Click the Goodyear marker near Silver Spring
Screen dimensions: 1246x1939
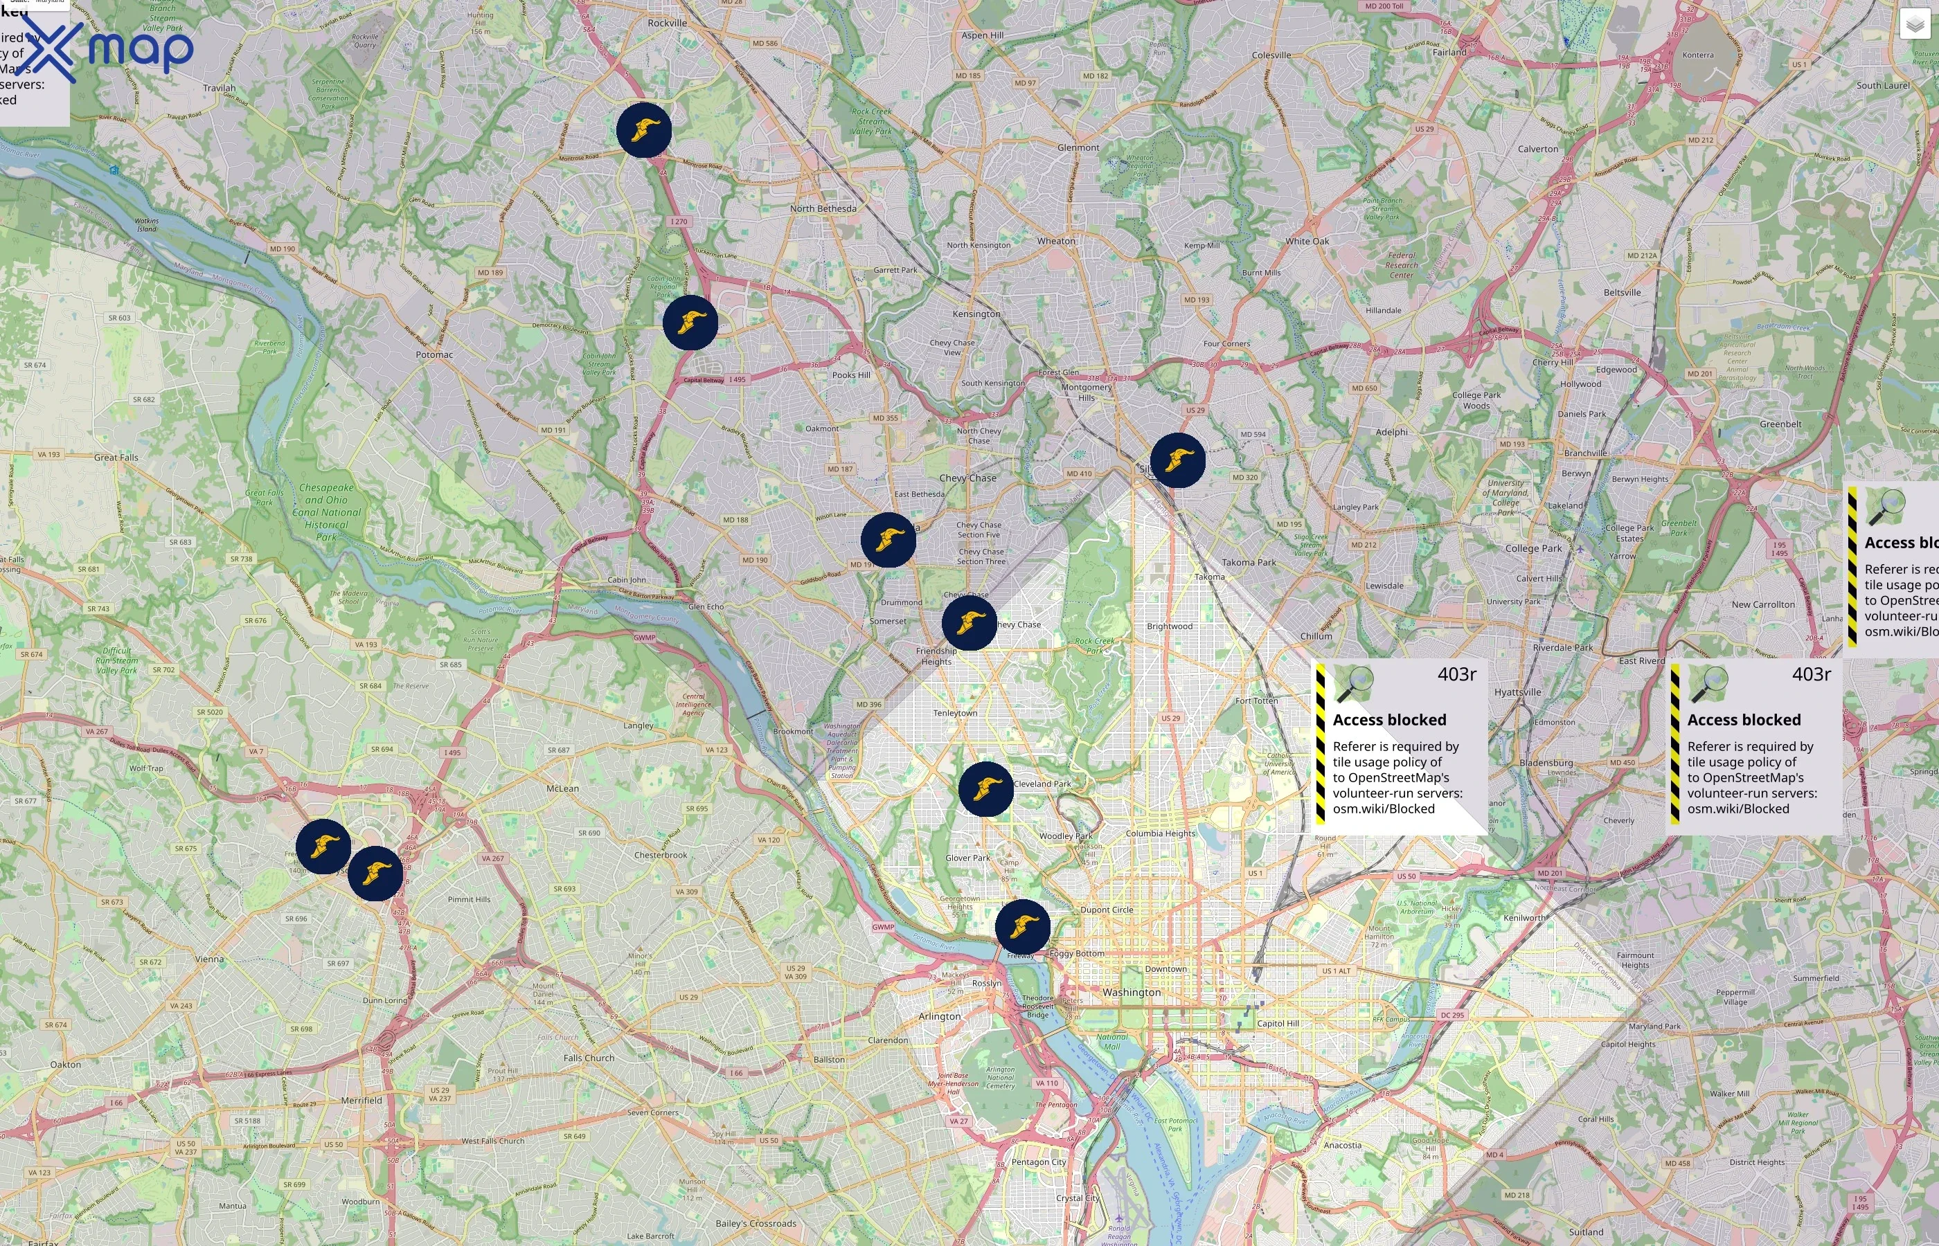tap(1177, 460)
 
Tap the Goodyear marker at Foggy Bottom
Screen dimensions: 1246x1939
tap(1023, 926)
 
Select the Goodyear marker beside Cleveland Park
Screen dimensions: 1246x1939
tap(985, 788)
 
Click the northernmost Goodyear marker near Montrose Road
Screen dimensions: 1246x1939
tap(644, 130)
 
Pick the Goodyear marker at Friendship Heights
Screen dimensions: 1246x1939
tap(969, 623)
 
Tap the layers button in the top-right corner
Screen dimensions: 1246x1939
tap(1915, 24)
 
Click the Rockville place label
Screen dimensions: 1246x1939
tap(667, 24)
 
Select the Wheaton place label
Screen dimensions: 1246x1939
tap(1056, 241)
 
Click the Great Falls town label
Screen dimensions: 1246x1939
tap(116, 457)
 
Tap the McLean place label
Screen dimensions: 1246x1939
tap(562, 788)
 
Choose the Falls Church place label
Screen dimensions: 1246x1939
tap(589, 1058)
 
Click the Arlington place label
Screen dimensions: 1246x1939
tap(940, 1016)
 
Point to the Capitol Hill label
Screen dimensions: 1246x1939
tap(1278, 1024)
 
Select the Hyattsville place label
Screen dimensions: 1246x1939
tap(1517, 693)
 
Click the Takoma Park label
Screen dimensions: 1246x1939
tap(1249, 562)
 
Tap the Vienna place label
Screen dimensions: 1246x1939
tap(209, 959)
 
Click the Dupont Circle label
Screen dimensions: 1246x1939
tap(1106, 910)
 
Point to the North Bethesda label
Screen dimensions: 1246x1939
tap(823, 209)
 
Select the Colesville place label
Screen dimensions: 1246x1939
tap(1271, 55)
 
